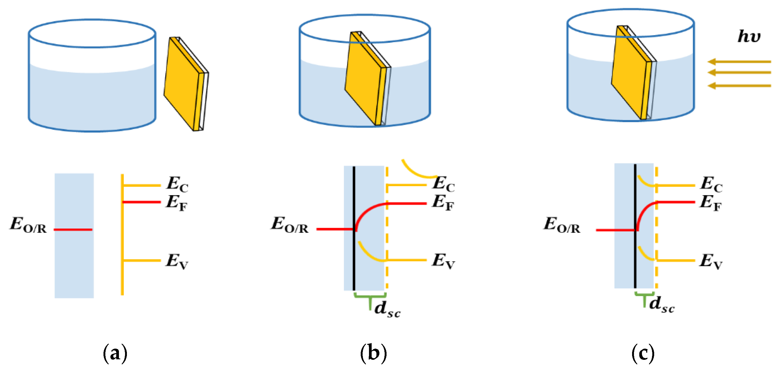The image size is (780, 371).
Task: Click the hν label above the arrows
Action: [749, 36]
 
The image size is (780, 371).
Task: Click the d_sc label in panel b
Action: [387, 309]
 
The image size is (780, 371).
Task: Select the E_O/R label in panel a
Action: [28, 225]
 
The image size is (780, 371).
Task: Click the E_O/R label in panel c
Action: [562, 225]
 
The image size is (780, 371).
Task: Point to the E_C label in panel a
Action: [177, 184]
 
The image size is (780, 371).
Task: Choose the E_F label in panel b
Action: [443, 202]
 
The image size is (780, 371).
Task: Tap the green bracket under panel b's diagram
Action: [370, 297]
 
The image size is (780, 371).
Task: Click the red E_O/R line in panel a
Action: [73, 230]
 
